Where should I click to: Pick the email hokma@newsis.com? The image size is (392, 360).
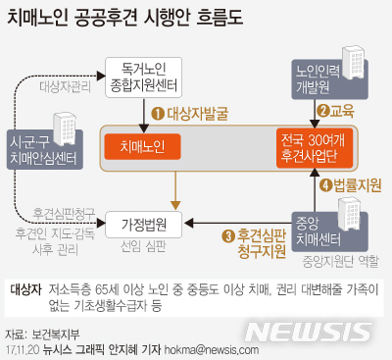coord(216,349)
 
